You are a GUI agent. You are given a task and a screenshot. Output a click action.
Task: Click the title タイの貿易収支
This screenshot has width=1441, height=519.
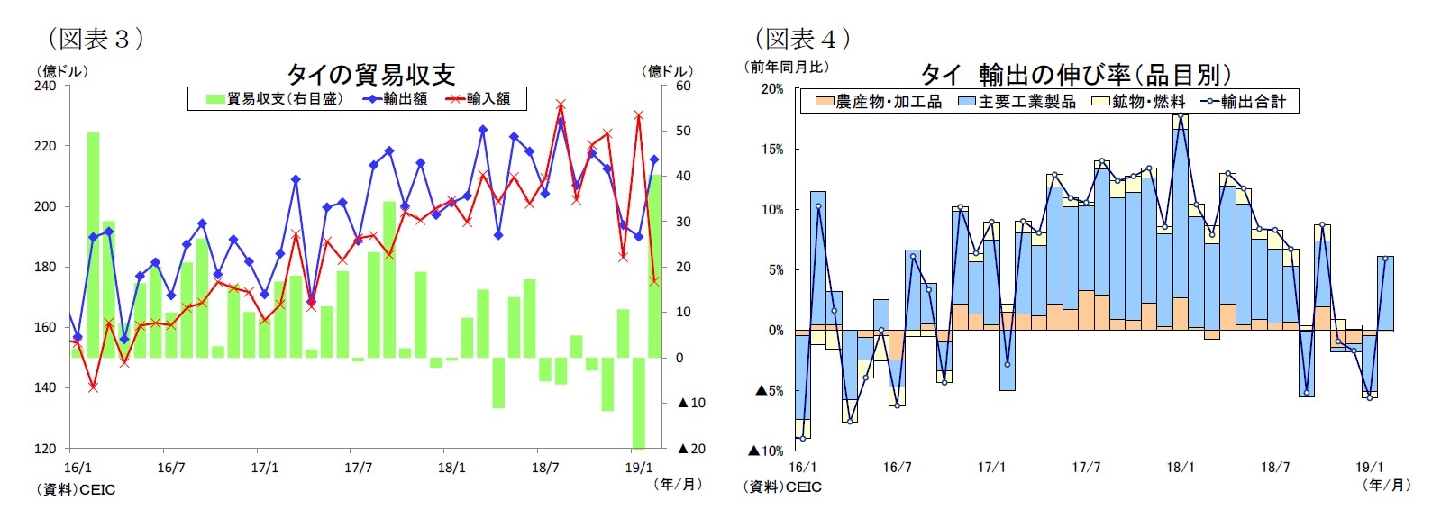(x=371, y=74)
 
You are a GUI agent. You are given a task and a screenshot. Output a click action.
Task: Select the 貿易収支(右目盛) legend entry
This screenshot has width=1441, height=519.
(x=274, y=99)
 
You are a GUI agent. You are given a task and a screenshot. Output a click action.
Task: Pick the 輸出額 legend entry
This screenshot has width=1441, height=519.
(x=396, y=99)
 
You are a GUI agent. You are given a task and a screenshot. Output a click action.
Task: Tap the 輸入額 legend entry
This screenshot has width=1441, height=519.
(x=479, y=99)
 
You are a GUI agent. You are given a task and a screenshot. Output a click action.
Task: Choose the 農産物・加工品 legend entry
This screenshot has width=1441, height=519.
(x=879, y=102)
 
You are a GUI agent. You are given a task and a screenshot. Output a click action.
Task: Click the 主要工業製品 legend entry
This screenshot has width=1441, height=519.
(x=1017, y=102)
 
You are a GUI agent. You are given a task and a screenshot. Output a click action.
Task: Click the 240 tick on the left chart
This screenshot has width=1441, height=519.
(x=45, y=86)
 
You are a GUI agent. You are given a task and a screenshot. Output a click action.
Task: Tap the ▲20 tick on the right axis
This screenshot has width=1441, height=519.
(x=691, y=449)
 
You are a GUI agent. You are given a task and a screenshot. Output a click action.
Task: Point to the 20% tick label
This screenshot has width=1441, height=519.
(x=772, y=89)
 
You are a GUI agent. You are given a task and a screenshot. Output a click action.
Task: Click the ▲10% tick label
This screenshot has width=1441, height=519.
(x=766, y=451)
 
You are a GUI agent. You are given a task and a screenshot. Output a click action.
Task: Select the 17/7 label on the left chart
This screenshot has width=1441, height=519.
(x=358, y=468)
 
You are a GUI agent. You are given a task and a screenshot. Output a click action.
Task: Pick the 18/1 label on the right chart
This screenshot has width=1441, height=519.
(x=1180, y=468)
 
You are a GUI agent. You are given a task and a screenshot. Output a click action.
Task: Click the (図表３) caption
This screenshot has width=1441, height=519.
(x=94, y=38)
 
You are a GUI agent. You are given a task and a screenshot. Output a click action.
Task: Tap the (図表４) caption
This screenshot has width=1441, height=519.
(x=801, y=38)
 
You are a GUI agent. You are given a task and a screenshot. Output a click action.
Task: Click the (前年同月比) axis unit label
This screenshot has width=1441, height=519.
(x=786, y=67)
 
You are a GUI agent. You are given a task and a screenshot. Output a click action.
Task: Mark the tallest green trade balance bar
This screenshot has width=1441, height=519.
(x=93, y=243)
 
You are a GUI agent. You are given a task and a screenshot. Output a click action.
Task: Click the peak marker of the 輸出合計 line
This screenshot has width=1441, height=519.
(x=1180, y=115)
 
